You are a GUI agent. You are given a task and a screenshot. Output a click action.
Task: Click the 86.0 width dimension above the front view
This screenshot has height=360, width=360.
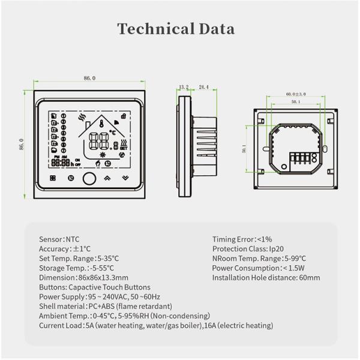click(x=89, y=78)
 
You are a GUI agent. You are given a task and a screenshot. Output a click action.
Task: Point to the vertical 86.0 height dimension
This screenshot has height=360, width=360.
click(x=22, y=145)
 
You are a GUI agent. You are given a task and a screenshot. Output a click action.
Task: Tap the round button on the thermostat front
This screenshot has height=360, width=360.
click(x=88, y=178)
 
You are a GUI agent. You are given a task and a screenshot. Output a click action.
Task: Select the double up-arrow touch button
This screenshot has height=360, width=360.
click(x=107, y=178)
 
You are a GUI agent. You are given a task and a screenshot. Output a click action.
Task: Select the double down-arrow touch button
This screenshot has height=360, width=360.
click(x=125, y=178)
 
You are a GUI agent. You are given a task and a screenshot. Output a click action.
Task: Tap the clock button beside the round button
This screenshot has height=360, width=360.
click(x=71, y=178)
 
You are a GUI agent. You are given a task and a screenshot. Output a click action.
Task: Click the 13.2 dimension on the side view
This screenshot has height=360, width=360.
click(x=184, y=88)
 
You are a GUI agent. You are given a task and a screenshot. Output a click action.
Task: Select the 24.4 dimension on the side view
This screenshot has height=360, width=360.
click(x=203, y=88)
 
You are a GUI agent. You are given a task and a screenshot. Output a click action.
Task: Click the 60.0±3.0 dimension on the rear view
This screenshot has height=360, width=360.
click(x=296, y=94)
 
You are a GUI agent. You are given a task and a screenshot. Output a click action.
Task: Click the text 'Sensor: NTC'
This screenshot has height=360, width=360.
click(x=59, y=239)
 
